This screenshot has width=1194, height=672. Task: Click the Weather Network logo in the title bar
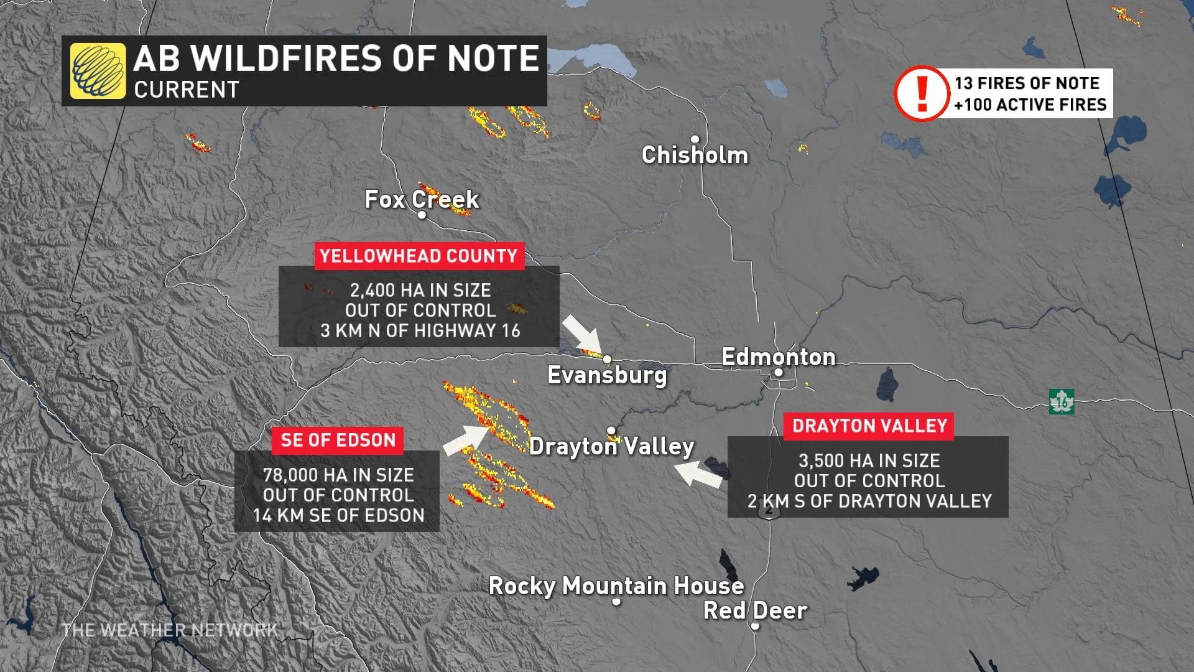(x=98, y=71)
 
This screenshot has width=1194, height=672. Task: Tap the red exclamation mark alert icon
(x=922, y=93)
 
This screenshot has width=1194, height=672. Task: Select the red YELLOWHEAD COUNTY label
(x=419, y=256)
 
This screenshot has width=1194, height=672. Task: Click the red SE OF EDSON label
(x=338, y=440)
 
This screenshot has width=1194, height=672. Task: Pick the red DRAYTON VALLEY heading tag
(x=869, y=426)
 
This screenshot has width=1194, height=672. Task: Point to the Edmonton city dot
(x=778, y=373)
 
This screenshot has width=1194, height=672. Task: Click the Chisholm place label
(x=695, y=155)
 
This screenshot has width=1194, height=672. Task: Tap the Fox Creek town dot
(x=422, y=215)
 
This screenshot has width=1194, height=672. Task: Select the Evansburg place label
(x=607, y=375)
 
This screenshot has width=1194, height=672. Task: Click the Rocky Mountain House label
(x=616, y=586)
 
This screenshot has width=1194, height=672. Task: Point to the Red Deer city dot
(x=755, y=626)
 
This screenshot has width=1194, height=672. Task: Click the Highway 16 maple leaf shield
(x=1061, y=402)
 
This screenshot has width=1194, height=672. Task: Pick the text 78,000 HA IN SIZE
(x=338, y=475)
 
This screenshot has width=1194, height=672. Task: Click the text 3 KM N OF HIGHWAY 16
(x=420, y=330)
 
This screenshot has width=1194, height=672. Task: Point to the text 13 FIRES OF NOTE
(x=1027, y=83)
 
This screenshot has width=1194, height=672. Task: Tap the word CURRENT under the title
(x=187, y=90)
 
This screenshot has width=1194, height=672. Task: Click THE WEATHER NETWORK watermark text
(x=170, y=630)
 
